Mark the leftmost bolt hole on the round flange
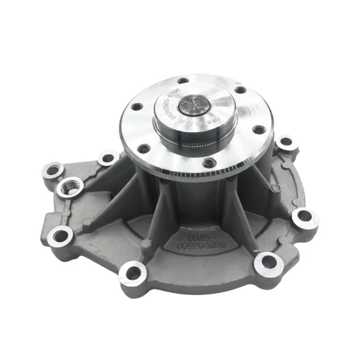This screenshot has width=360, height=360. pos(137,107)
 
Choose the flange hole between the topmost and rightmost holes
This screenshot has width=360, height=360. pos(241,90)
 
